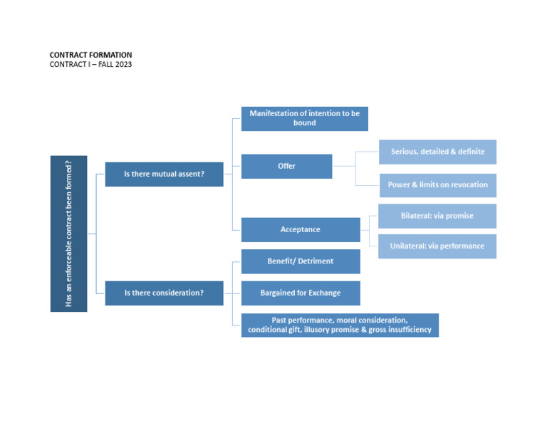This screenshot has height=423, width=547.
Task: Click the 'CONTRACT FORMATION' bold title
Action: (x=90, y=55)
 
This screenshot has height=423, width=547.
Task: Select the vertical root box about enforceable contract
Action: (x=68, y=234)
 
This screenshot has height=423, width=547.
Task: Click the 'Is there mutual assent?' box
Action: (x=164, y=174)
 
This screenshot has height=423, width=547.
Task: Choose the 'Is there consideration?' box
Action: (x=164, y=293)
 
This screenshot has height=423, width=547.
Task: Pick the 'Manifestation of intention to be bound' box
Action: (x=304, y=118)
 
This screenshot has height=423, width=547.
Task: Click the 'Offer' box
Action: (x=286, y=166)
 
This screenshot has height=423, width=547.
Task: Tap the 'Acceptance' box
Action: (x=300, y=229)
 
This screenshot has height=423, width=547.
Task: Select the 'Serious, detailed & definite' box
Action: (x=437, y=152)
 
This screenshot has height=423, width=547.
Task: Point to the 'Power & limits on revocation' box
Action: (x=437, y=185)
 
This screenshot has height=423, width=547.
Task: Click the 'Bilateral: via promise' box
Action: (x=437, y=216)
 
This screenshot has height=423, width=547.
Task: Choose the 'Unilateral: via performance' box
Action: (x=437, y=246)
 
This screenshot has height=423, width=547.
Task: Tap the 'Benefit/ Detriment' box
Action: (x=300, y=261)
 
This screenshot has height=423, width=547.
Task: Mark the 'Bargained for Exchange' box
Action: (x=300, y=293)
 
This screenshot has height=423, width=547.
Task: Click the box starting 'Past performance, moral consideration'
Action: (x=340, y=325)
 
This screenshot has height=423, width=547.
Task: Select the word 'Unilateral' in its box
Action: (x=407, y=246)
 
